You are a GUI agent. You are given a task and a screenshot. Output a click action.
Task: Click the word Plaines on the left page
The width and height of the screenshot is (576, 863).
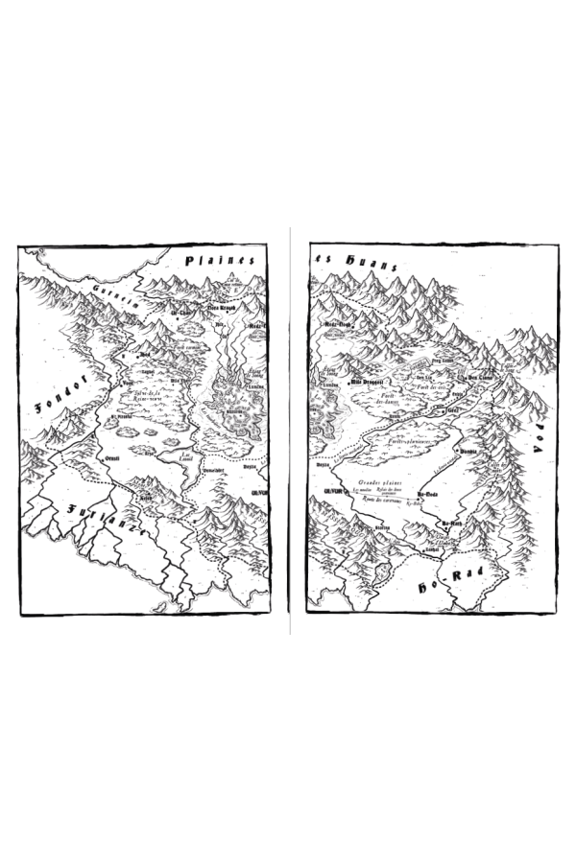coord(221,260)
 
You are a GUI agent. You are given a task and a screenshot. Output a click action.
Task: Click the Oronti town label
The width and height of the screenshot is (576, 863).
coord(112,459)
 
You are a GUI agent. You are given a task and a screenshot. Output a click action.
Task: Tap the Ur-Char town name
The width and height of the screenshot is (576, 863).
coord(181,313)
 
